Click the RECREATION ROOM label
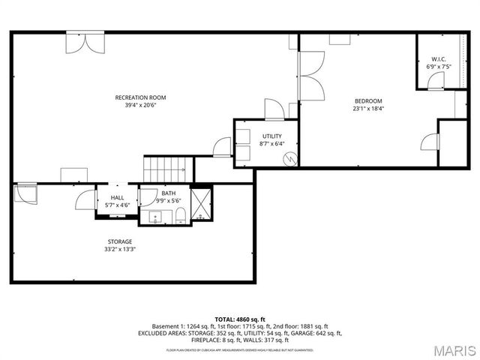click(x=139, y=97)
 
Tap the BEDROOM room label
click(x=368, y=100)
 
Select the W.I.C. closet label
click(x=439, y=59)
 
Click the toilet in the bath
click(x=181, y=217)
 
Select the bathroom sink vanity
click(x=156, y=217)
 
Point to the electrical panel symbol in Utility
click(x=290, y=158)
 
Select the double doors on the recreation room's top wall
click(x=80, y=42)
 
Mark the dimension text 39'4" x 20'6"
click(x=139, y=106)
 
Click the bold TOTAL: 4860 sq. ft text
click(x=240, y=320)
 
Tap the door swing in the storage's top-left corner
click(x=25, y=193)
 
